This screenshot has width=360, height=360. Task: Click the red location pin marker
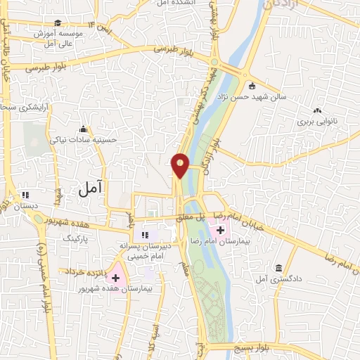(181, 165)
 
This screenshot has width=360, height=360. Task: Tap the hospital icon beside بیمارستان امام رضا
(220, 230)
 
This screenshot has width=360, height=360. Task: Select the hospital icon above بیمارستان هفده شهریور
(116, 278)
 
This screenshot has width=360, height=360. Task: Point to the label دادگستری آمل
(278, 279)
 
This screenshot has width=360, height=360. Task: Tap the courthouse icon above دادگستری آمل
(279, 269)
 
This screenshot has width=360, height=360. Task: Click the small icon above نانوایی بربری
(317, 110)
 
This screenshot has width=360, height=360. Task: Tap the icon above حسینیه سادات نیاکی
(84, 129)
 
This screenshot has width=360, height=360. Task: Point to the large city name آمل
(91, 187)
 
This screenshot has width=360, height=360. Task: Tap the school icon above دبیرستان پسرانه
(145, 235)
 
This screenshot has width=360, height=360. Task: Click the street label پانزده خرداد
(87, 271)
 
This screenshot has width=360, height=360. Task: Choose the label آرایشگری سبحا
(15, 107)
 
